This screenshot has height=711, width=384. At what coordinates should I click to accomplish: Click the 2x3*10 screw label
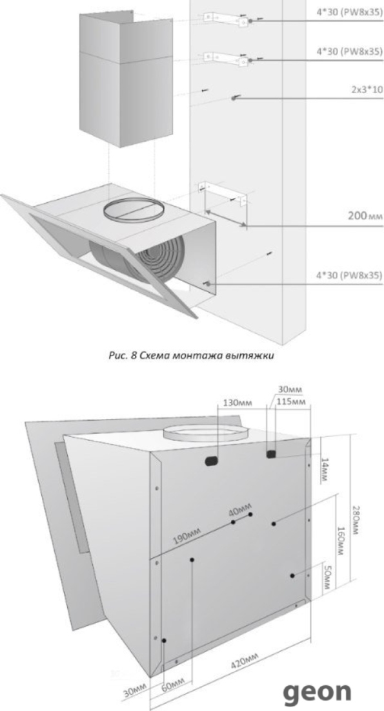[366, 89]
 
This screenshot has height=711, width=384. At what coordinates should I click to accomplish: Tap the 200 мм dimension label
[365, 215]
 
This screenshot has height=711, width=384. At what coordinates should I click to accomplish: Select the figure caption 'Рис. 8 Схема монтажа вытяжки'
[191, 355]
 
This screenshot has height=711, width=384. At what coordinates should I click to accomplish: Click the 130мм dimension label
[237, 402]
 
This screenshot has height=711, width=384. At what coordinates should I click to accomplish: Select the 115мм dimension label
[292, 402]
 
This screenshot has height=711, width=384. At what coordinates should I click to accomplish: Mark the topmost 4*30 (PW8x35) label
[349, 12]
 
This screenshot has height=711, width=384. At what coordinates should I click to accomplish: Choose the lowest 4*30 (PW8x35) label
[349, 275]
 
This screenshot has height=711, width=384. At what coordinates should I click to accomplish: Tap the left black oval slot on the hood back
[212, 462]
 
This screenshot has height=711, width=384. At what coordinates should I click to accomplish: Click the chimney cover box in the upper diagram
[126, 80]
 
